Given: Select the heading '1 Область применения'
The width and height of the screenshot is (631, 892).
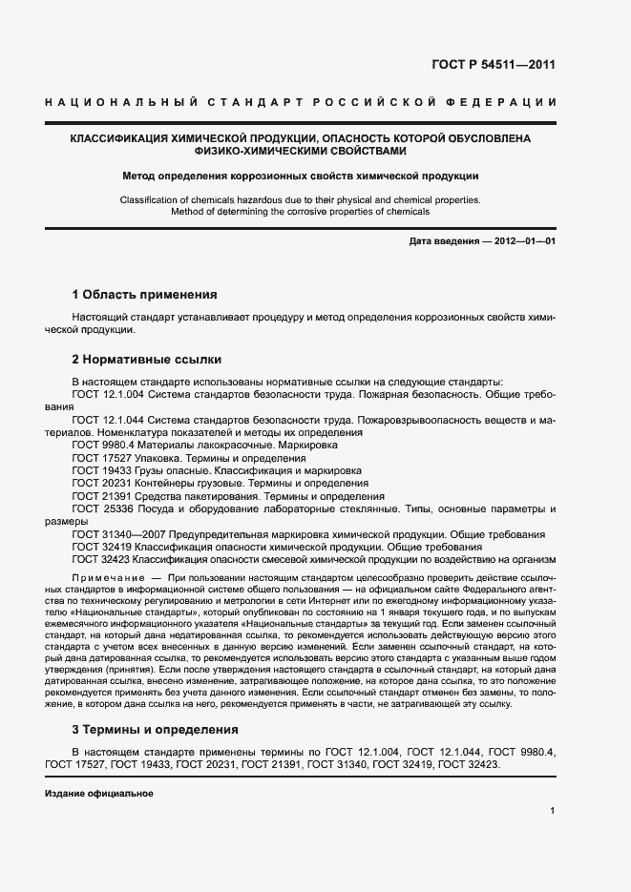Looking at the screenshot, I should [x=144, y=295].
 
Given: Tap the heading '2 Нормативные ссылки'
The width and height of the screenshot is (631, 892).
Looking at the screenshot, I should [x=147, y=360].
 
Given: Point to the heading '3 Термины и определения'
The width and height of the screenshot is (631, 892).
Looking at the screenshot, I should [x=156, y=730].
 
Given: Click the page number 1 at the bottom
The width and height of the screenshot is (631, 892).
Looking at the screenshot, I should [x=553, y=810].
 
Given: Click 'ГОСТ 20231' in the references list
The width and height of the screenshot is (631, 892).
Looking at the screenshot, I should [x=100, y=484].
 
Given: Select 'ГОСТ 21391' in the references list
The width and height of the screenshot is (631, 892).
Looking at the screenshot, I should [x=100, y=497].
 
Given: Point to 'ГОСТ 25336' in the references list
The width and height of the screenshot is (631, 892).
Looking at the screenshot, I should [x=100, y=509].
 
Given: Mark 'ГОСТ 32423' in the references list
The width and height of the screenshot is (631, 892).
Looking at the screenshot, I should [x=100, y=561].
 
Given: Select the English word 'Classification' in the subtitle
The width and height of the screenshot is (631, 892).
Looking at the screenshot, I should [x=151, y=199].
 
